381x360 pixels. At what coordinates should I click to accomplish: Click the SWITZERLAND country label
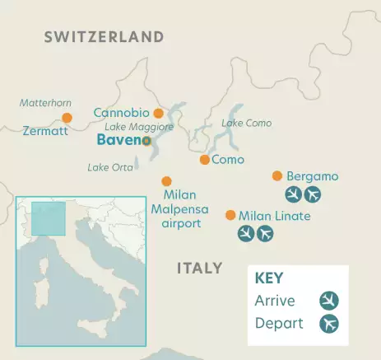pos(104,37)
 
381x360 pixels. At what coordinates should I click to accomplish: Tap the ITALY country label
pos(199,268)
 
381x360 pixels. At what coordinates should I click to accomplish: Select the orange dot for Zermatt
pos(67,118)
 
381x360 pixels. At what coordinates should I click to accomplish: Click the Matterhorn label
pos(45,102)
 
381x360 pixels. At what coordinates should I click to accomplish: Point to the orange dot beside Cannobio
pos(158,113)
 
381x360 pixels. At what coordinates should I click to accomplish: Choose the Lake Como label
pos(246,124)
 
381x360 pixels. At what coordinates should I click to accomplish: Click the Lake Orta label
pos(110,167)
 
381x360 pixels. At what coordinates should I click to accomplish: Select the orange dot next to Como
pos(204,160)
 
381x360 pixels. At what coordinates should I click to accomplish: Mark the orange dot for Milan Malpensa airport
pos(166,181)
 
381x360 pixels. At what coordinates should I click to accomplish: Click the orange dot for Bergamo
pos(277,175)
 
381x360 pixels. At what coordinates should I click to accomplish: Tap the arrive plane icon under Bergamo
pos(293,194)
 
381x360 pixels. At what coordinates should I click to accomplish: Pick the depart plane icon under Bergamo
pos(313,194)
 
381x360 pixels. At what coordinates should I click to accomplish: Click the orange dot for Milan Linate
pos(230,215)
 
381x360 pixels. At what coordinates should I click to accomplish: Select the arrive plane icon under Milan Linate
pos(245,234)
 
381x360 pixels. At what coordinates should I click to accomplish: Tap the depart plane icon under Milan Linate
pos(265,234)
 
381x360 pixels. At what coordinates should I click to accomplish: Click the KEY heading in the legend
pos(270,278)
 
